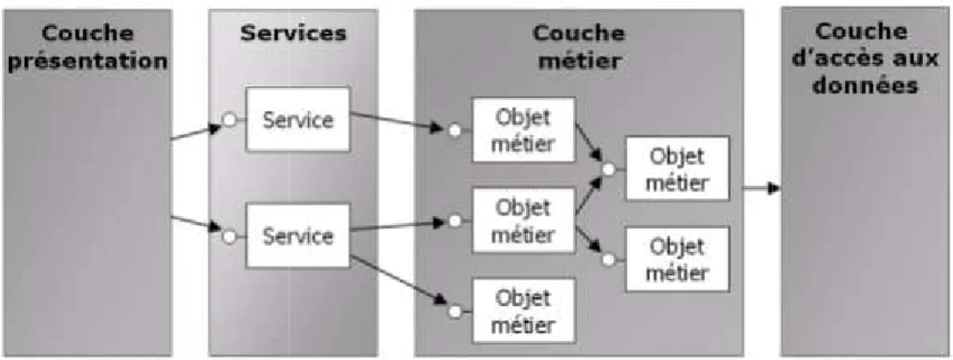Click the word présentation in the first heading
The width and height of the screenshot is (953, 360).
pos(88,61)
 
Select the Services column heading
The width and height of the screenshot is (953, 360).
pos(293,33)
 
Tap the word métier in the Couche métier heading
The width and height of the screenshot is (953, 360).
pos(580,60)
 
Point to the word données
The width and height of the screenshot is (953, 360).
pos(865,85)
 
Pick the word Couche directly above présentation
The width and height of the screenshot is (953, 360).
pos(88,33)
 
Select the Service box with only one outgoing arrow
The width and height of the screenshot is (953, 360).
pos(298,119)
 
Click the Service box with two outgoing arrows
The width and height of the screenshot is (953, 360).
pos(298,235)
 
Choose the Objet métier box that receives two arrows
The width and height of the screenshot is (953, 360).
pos(677,169)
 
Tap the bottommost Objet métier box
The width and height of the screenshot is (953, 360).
pos(523,311)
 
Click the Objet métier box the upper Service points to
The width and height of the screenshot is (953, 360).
pos(523,130)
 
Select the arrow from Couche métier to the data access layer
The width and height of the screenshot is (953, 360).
pos(762,187)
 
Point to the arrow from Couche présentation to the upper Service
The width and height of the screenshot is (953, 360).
pos(196,132)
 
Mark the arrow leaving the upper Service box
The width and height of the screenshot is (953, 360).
pos(397,121)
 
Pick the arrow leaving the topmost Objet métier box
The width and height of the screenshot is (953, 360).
pos(589,142)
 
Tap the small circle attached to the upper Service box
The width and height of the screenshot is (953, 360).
pos(229,120)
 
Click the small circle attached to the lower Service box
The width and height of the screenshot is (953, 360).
pos(229,237)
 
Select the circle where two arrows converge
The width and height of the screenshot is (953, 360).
pos(609,169)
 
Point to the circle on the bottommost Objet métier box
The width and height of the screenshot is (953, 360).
pos(454,312)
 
